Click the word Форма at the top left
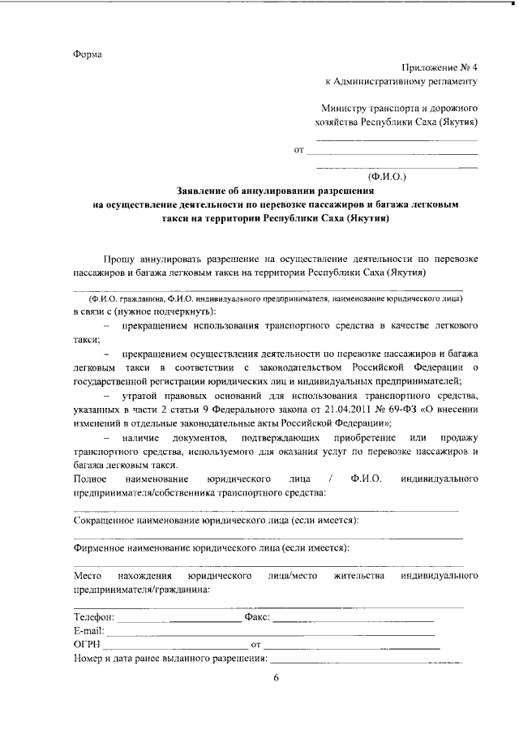(87, 54)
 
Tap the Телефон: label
(94, 616)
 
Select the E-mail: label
(89, 630)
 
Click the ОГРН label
(86, 644)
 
